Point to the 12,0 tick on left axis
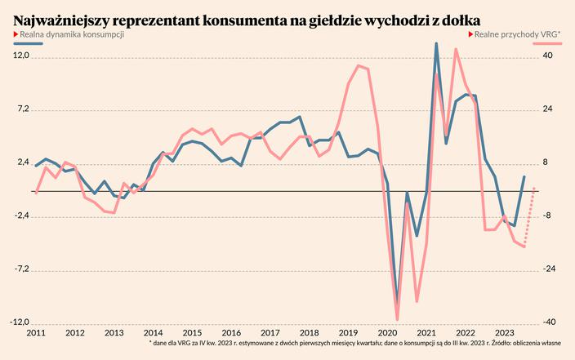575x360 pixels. pos(20,56)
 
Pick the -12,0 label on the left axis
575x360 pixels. pos(19,322)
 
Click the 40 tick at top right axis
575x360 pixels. pos(548,56)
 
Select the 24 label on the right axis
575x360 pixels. pos(548,109)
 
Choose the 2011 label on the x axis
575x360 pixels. pos(36,334)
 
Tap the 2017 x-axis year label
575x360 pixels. pos(270,334)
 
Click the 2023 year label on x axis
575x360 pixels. pos(504,334)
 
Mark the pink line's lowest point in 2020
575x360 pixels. pos(398,319)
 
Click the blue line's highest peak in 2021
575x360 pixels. pos(436,43)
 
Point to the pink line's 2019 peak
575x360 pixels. pos(359,65)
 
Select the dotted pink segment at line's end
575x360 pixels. pos(529,216)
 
